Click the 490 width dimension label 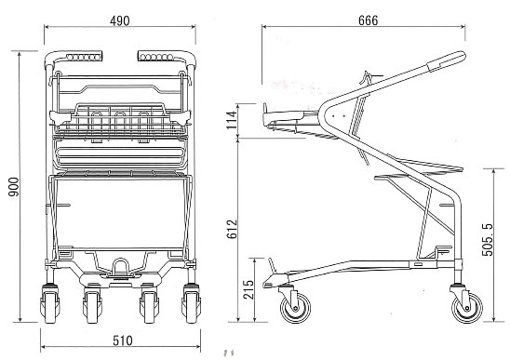120,20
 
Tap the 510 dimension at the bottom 123,340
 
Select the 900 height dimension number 14,187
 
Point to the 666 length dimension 369,20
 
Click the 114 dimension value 231,120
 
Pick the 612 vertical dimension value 233,229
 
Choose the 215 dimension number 248,289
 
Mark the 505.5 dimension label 488,240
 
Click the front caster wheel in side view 295,307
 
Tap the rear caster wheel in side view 467,307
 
